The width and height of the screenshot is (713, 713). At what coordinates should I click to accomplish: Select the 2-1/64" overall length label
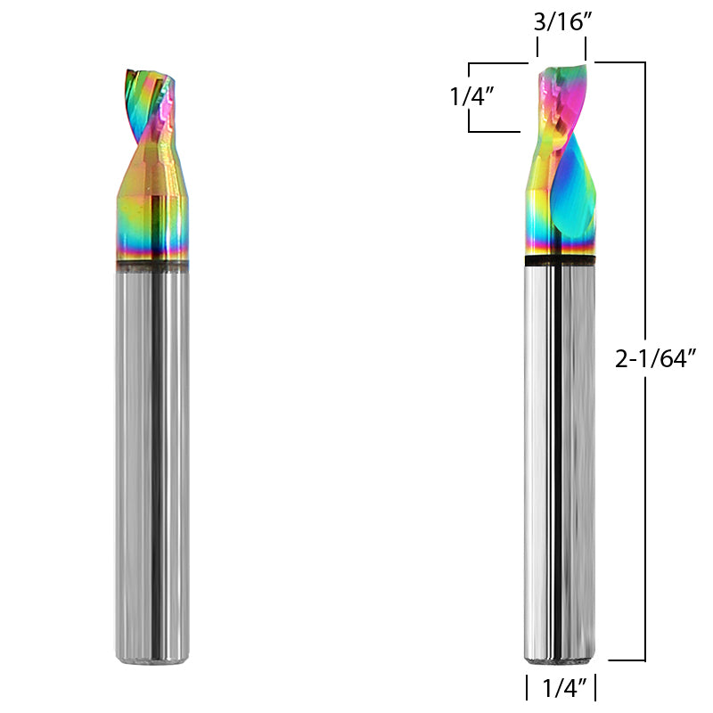[x=655, y=359]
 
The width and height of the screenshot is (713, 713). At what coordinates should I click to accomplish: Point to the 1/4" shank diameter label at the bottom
[x=561, y=688]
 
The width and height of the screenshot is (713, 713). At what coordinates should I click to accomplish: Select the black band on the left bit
[x=152, y=265]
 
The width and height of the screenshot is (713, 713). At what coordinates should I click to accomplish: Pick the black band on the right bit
[x=560, y=261]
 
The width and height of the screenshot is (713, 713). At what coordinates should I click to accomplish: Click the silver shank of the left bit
[x=152, y=463]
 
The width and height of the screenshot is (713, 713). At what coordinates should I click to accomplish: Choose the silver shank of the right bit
[x=560, y=463]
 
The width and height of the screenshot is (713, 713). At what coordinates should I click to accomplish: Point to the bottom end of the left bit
[x=152, y=658]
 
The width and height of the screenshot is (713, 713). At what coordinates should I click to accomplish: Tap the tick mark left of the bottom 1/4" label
[x=527, y=688]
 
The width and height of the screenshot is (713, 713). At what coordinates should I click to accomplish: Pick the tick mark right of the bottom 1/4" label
[x=594, y=688]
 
